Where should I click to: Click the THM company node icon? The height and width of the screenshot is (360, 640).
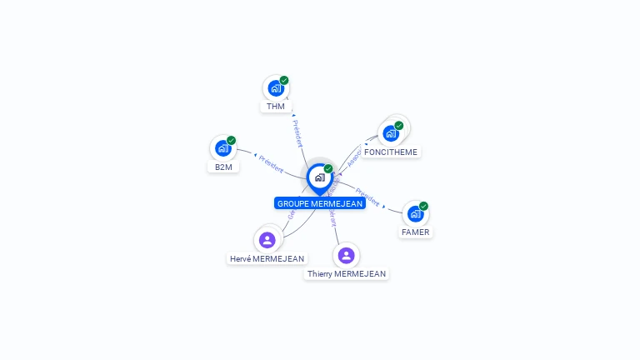pyautogui.click(x=275, y=88)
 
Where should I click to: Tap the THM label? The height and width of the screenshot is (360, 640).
pyautogui.click(x=276, y=107)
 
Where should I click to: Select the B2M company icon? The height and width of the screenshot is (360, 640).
pyautogui.click(x=222, y=148)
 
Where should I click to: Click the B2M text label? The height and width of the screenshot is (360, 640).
pyautogui.click(x=223, y=167)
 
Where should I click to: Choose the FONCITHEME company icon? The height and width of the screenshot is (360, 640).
pyautogui.click(x=390, y=133)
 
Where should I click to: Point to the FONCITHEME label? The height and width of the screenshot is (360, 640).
pyautogui.click(x=391, y=152)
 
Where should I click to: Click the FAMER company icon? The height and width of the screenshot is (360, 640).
pyautogui.click(x=415, y=214)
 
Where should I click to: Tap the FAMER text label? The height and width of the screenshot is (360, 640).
pyautogui.click(x=415, y=232)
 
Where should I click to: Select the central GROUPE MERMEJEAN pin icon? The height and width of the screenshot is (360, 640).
pyautogui.click(x=319, y=177)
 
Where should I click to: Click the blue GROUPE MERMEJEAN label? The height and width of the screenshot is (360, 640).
pyautogui.click(x=320, y=203)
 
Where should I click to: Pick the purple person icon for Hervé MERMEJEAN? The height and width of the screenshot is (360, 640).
pyautogui.click(x=267, y=240)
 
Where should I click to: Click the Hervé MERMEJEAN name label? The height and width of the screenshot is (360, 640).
pyautogui.click(x=267, y=258)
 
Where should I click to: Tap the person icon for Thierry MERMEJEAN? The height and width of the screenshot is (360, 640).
pyautogui.click(x=346, y=255)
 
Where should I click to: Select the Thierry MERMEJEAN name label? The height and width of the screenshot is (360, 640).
pyautogui.click(x=347, y=273)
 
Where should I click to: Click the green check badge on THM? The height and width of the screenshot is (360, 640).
pyautogui.click(x=284, y=80)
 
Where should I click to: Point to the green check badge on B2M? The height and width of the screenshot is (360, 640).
pyautogui.click(x=231, y=140)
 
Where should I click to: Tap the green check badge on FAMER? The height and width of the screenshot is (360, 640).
pyautogui.click(x=423, y=206)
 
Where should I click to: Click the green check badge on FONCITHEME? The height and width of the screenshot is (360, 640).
pyautogui.click(x=399, y=126)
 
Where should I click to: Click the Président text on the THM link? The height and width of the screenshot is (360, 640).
pyautogui.click(x=298, y=133)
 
